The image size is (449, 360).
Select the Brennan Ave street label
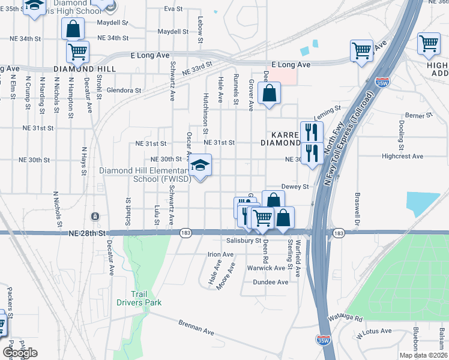[196, 327]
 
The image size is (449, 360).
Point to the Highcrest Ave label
[403, 156]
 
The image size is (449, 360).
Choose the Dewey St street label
[295, 187]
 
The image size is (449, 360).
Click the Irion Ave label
[220, 254]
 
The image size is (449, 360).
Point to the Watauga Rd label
[345, 318]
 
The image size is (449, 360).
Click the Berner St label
[418, 115]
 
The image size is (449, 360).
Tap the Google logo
[20, 353]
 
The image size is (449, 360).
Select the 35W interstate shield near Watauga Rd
[323, 340]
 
